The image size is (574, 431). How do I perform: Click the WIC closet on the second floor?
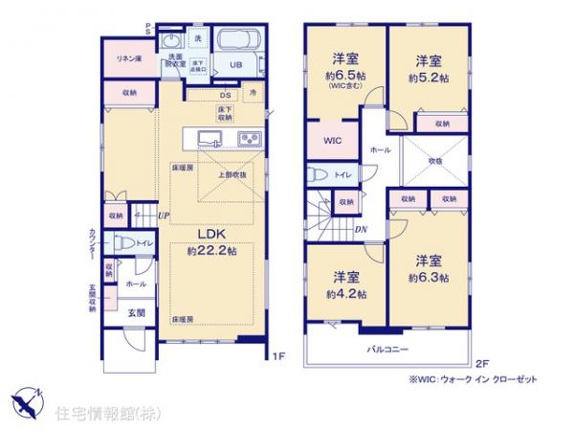[x=331, y=141]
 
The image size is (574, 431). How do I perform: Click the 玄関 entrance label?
[x=137, y=313]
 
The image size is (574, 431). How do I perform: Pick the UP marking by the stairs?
[x=165, y=215]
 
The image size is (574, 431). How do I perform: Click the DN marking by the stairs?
[x=360, y=229]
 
